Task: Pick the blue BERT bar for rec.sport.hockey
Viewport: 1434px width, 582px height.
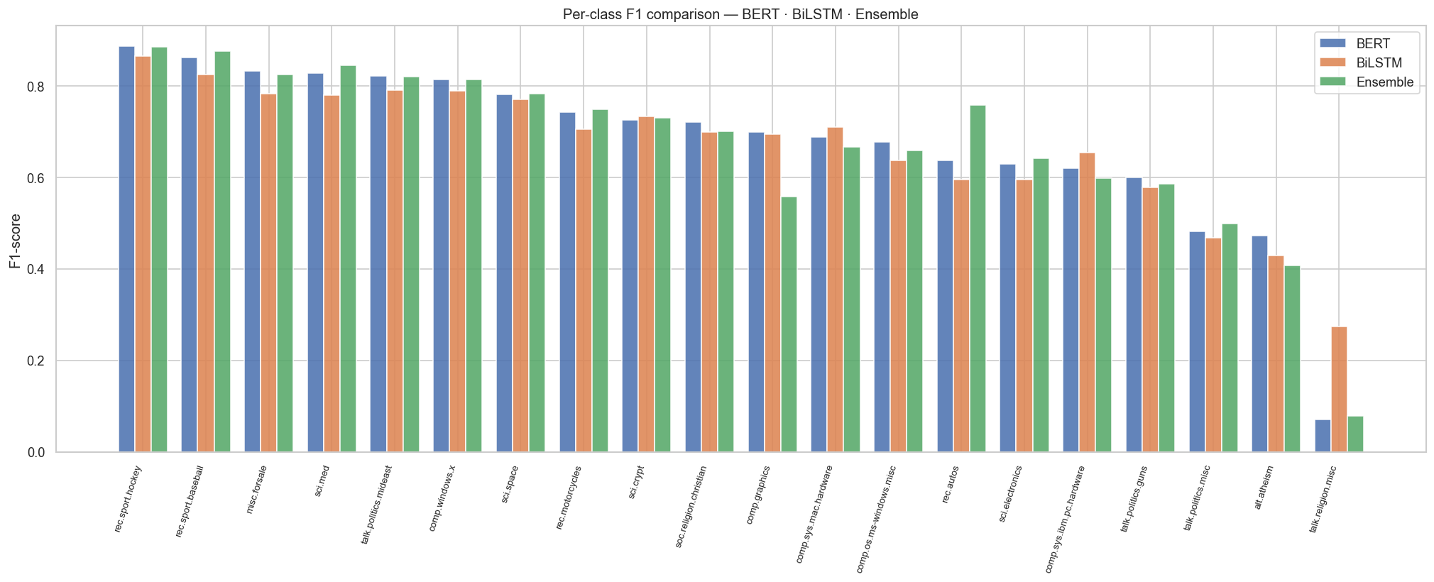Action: pyautogui.click(x=126, y=249)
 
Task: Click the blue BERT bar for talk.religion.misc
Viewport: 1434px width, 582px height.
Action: pyautogui.click(x=1323, y=436)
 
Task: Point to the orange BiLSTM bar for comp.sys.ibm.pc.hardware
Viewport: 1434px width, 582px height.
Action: pyautogui.click(x=1087, y=302)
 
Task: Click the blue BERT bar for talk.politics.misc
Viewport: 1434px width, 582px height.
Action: pyautogui.click(x=1197, y=341)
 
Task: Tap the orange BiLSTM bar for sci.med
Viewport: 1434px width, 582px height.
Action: pyautogui.click(x=332, y=273)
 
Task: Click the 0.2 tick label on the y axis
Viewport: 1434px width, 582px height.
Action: pyautogui.click(x=35, y=361)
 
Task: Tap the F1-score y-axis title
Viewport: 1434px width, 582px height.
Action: pyautogui.click(x=15, y=241)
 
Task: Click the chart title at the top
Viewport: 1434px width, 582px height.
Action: pyautogui.click(x=740, y=14)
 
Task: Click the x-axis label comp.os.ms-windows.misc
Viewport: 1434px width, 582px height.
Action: pyautogui.click(x=876, y=519)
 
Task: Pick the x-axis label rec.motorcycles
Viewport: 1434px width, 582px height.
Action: pyautogui.click(x=569, y=497)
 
